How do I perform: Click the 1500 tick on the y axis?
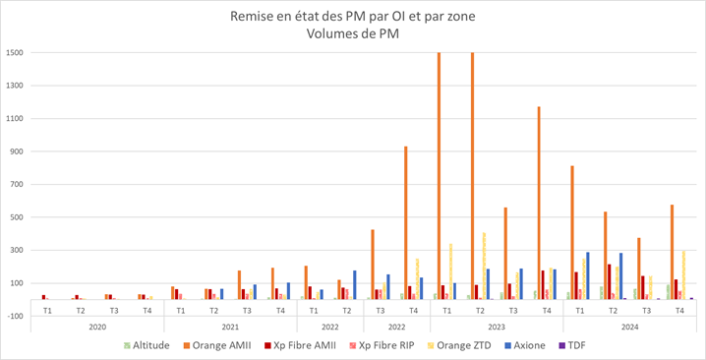[x=19, y=52]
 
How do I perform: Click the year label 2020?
[x=97, y=329]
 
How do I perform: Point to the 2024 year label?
[x=629, y=329]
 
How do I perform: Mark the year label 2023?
[x=497, y=329]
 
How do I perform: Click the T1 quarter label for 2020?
[x=47, y=311]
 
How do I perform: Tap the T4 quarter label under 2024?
[x=678, y=311]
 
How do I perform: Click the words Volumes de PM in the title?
[x=353, y=33]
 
